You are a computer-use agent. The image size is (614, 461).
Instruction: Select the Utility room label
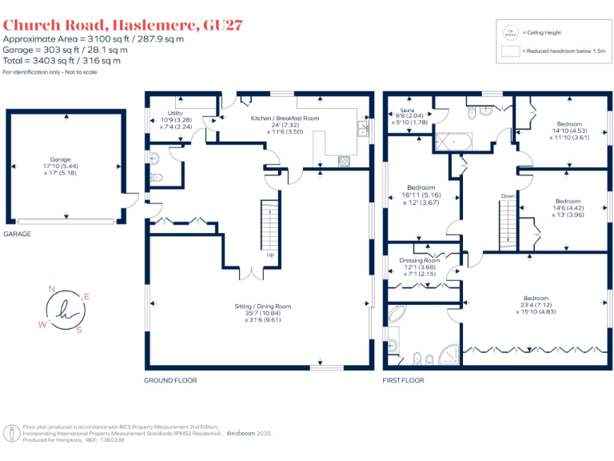coord(176,120)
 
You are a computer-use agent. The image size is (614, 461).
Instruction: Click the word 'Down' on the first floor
coord(508,195)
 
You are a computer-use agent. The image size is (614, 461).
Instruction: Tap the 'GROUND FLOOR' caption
coord(170,380)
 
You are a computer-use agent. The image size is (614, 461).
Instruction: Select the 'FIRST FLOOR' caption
coord(403,380)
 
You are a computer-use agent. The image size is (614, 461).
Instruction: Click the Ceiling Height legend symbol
coord(510,32)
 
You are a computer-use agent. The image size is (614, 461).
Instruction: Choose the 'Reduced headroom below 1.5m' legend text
coord(564,51)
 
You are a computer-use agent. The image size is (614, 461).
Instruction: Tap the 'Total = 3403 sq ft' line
coord(62,61)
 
